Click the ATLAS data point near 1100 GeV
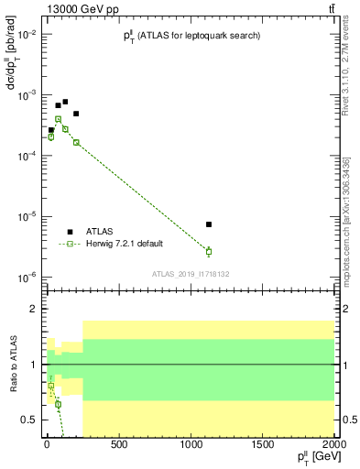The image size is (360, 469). [209, 224]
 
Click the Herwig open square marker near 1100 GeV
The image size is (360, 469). [209, 251]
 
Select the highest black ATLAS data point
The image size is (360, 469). [65, 102]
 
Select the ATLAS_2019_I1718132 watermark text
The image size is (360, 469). [191, 273]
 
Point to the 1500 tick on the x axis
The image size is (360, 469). [263, 444]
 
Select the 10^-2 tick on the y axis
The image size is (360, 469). [27, 34]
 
